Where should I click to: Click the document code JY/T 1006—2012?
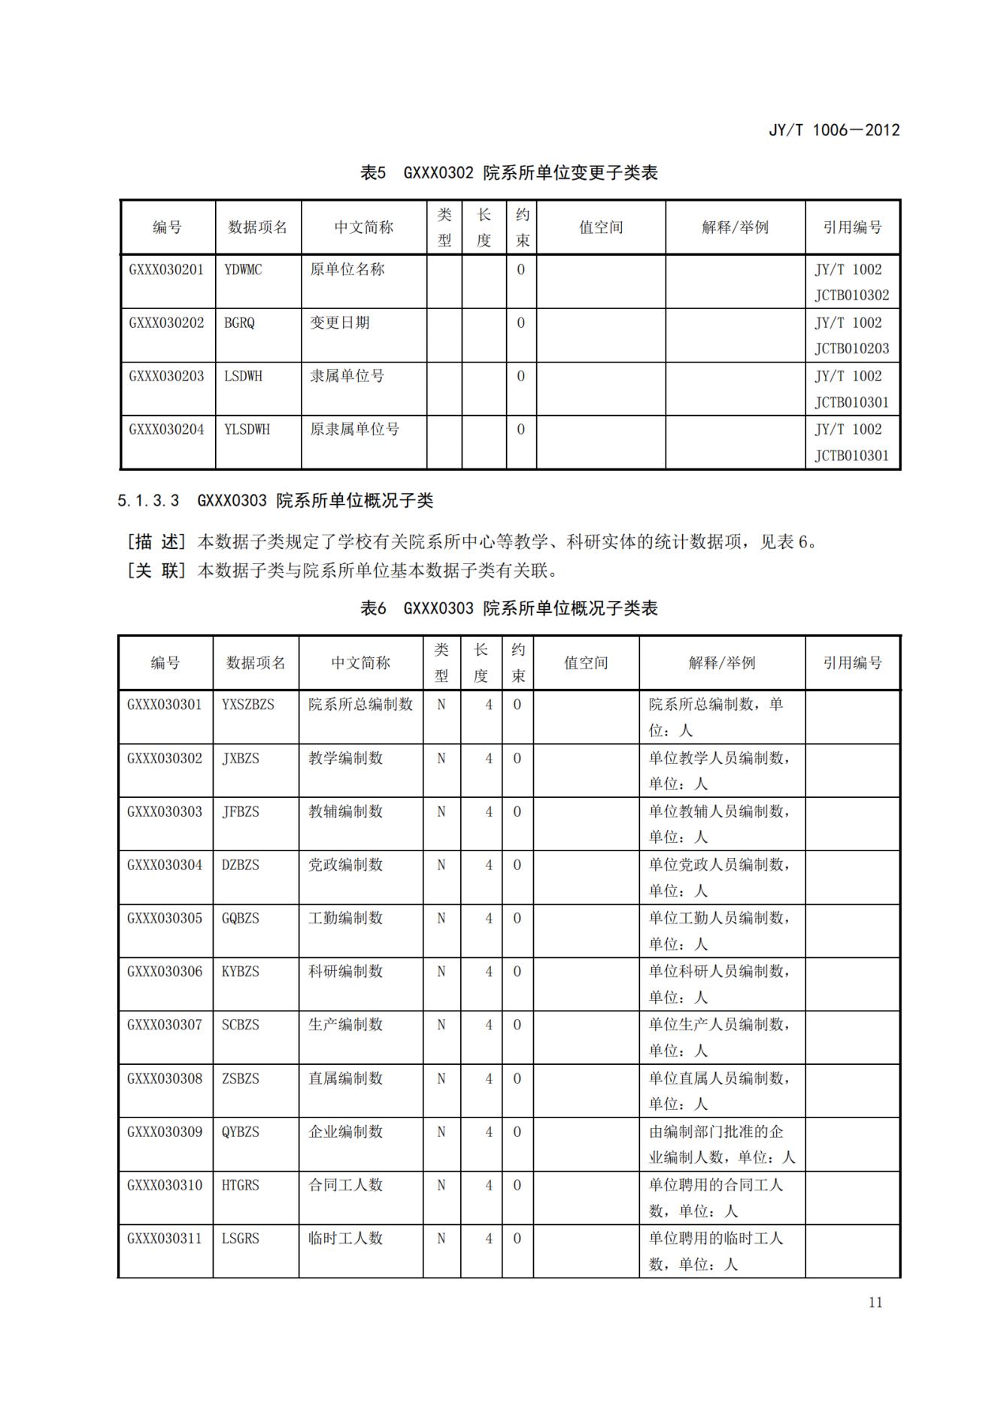tap(833, 130)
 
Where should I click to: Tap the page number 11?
tap(875, 1302)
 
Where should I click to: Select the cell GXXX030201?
tap(166, 270)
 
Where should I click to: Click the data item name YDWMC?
tap(243, 270)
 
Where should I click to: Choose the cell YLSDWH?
tap(247, 430)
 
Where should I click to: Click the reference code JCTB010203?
tap(851, 349)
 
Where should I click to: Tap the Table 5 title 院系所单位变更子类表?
tap(570, 173)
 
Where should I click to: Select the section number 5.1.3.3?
tap(148, 501)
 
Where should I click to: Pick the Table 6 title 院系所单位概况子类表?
tap(570, 608)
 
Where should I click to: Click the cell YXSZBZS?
tap(248, 705)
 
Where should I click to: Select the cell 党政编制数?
tap(345, 865)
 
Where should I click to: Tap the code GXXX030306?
tap(165, 972)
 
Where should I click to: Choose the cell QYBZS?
tap(240, 1132)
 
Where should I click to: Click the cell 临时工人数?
tap(345, 1239)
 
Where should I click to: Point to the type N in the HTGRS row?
tap(441, 1186)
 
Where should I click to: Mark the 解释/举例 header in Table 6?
tap(722, 663)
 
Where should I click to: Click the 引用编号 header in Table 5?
tap(852, 227)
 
